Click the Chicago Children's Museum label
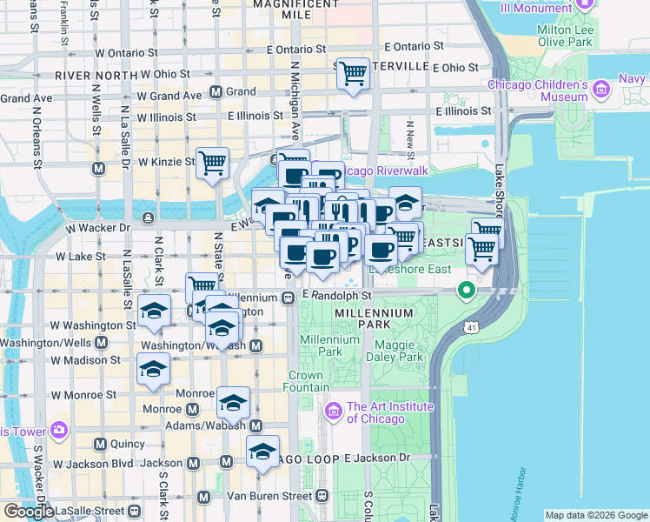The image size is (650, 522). pyautogui.click(x=538, y=90)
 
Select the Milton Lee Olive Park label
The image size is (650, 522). pyautogui.click(x=565, y=36)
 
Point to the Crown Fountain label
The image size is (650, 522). pyautogui.click(x=308, y=381)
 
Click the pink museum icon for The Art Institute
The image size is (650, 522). pyautogui.click(x=332, y=410)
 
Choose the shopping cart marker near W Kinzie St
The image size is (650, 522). pyautogui.click(x=213, y=162)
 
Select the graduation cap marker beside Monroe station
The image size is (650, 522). pyautogui.click(x=233, y=403)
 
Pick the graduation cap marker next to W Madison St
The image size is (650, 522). pyautogui.click(x=154, y=368)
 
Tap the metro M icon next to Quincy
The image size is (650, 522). pyautogui.click(x=100, y=444)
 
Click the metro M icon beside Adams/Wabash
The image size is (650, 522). pyautogui.click(x=255, y=426)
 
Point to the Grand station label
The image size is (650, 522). pyautogui.click(x=242, y=91)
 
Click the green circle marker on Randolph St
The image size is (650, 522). pyautogui.click(x=468, y=291)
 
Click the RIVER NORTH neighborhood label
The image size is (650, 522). pyautogui.click(x=90, y=76)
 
